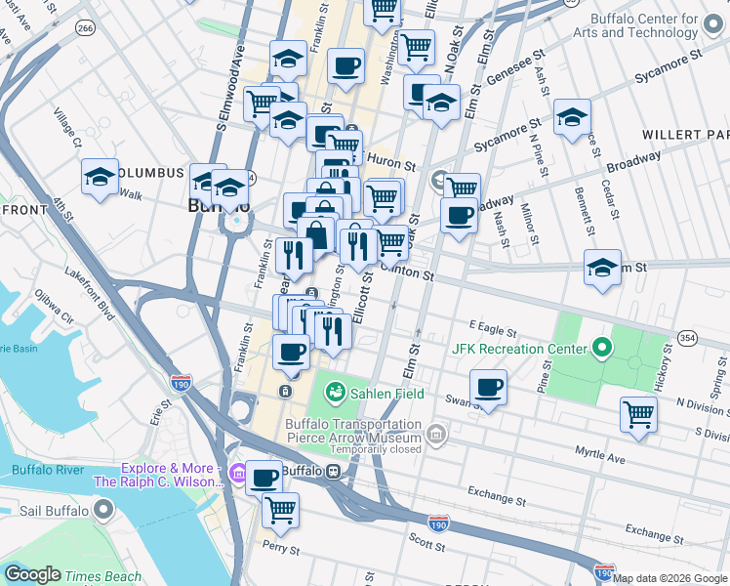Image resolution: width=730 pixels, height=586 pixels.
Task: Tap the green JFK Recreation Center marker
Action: click(x=603, y=348)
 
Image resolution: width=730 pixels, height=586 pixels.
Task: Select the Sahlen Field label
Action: click(x=388, y=393)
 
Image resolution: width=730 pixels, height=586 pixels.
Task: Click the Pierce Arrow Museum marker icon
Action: click(x=436, y=432)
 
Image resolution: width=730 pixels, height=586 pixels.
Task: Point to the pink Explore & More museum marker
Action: click(x=238, y=474)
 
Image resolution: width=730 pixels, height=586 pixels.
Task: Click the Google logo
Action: click(x=31, y=575)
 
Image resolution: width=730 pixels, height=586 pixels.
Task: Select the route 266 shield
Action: click(x=86, y=30)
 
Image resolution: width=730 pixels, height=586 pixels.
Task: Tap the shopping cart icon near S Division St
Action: click(x=638, y=413)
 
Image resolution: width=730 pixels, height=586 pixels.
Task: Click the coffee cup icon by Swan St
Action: click(x=489, y=387)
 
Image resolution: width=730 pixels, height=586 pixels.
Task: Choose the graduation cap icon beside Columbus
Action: click(x=100, y=177)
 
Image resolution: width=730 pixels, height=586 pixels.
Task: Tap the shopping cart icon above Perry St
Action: click(x=280, y=509)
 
